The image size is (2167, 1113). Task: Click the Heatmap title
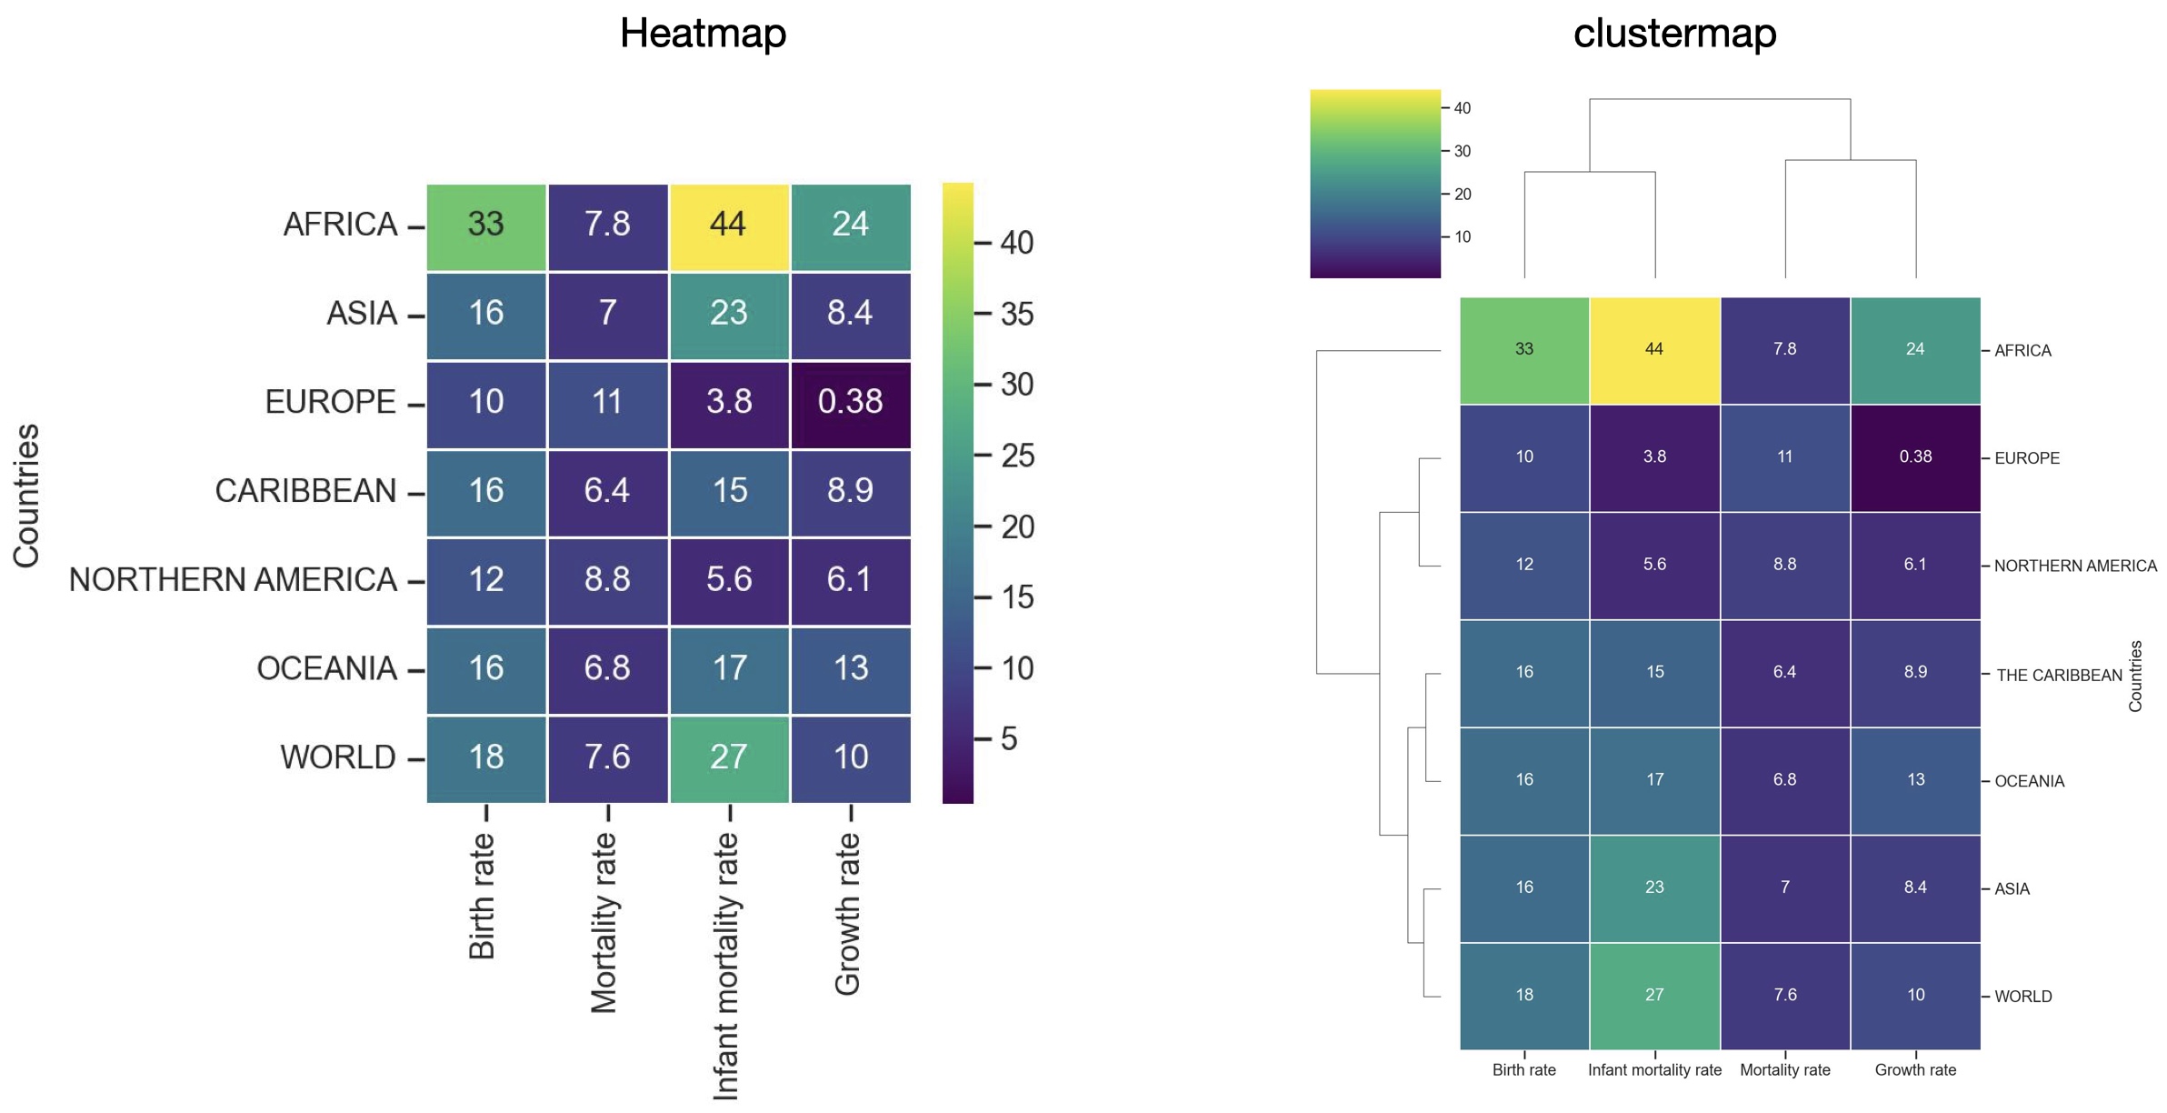703,34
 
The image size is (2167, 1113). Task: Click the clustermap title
1674,34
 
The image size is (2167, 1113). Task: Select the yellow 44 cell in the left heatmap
728,225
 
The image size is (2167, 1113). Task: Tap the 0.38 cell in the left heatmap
850,402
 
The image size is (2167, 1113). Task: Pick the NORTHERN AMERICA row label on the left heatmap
233,579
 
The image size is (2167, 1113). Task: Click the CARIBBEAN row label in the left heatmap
305,491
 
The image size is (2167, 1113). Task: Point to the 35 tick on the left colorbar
1016,314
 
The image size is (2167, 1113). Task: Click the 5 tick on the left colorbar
1008,738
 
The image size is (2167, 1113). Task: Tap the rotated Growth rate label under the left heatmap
847,913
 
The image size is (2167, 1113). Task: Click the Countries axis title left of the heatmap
26,496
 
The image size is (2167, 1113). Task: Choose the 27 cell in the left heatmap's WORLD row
728,757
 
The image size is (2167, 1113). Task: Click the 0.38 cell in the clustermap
1915,457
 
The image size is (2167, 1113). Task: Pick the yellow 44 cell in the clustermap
1654,349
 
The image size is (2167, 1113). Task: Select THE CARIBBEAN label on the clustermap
2059,676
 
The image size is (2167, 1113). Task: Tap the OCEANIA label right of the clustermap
2029,781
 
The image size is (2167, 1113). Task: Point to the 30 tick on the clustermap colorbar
1462,151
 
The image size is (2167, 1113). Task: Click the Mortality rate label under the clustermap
1784,1070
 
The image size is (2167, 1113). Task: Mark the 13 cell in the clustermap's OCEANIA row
1915,780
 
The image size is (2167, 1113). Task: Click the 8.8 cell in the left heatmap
606,579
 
